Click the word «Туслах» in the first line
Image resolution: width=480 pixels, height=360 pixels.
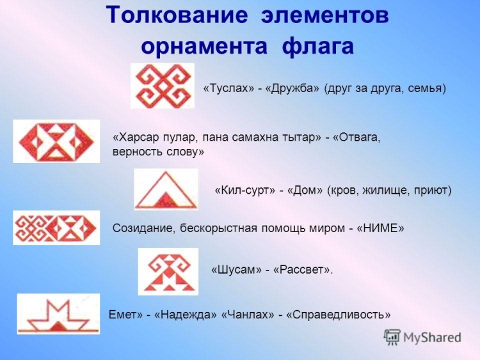(x=228, y=88)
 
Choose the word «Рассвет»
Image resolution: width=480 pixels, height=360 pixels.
(x=302, y=270)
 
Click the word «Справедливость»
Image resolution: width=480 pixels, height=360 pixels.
(x=339, y=315)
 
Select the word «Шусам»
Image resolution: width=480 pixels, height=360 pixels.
(x=237, y=270)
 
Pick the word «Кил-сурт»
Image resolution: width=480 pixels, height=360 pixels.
(x=245, y=191)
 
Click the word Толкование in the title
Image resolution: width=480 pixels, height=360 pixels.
(x=177, y=15)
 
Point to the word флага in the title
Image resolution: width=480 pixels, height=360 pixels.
(x=317, y=45)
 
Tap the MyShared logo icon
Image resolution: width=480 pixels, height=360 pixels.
(x=392, y=338)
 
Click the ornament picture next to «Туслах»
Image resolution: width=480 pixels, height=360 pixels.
(x=163, y=86)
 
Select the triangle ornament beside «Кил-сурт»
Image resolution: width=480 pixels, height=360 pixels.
(x=166, y=189)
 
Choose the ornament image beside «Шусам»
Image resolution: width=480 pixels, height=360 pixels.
(x=168, y=272)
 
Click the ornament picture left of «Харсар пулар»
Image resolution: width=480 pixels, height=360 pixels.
(x=56, y=141)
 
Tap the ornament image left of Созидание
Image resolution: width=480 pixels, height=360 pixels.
(x=56, y=228)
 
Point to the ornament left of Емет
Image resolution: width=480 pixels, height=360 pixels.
(x=58, y=314)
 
